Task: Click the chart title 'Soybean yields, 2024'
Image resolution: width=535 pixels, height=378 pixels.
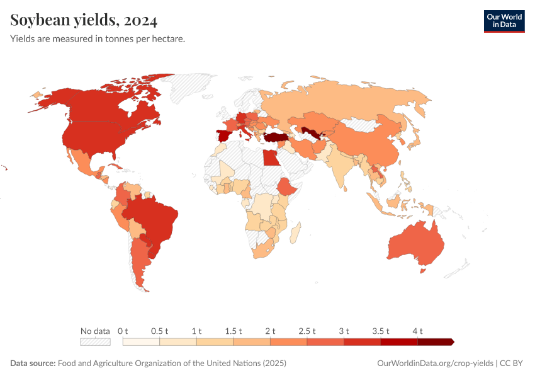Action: [84, 21]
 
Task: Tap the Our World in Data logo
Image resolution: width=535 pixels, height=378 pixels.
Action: [504, 20]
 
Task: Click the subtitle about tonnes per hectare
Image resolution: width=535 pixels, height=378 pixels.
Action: [98, 39]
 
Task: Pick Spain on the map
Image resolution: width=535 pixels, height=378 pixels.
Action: [224, 136]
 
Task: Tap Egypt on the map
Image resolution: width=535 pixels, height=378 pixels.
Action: [271, 157]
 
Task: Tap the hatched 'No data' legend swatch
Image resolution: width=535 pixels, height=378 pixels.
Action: [95, 341]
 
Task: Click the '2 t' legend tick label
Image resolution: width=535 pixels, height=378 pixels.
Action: [270, 331]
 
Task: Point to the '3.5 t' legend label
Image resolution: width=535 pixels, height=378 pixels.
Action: [381, 331]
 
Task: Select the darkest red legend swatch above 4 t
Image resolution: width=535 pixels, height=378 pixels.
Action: [435, 341]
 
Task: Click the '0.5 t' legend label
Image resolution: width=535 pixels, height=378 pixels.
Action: [160, 331]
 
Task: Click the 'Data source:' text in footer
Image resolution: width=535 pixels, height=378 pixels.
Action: [33, 364]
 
